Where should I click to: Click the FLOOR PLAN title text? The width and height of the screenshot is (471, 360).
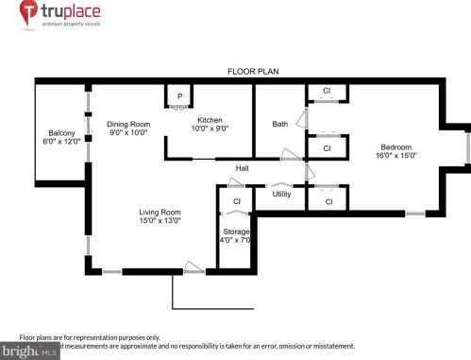click(x=253, y=72)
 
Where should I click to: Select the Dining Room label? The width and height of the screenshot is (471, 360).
click(x=127, y=124)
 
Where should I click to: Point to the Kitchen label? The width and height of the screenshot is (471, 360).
click(x=210, y=119)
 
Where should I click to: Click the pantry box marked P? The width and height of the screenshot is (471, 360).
click(x=178, y=96)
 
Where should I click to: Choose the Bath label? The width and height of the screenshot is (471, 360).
click(x=280, y=124)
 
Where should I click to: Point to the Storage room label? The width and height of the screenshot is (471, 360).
click(x=236, y=231)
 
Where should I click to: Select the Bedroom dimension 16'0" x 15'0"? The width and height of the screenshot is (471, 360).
click(x=398, y=155)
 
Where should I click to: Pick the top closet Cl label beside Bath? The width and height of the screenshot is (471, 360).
click(x=327, y=92)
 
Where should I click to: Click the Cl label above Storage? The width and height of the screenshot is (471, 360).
click(x=237, y=201)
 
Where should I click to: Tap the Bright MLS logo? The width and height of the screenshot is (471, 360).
click(x=30, y=351)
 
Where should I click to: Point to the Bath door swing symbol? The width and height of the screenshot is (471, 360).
click(x=301, y=118)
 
